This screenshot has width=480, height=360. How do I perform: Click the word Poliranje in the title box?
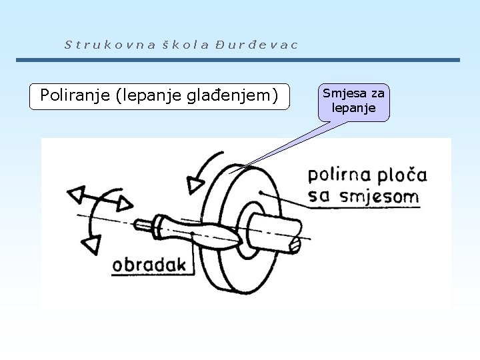coord(75,95)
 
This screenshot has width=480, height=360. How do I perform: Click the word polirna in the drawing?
coord(337,177)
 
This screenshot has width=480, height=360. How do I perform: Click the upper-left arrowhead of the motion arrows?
coord(75,194)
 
